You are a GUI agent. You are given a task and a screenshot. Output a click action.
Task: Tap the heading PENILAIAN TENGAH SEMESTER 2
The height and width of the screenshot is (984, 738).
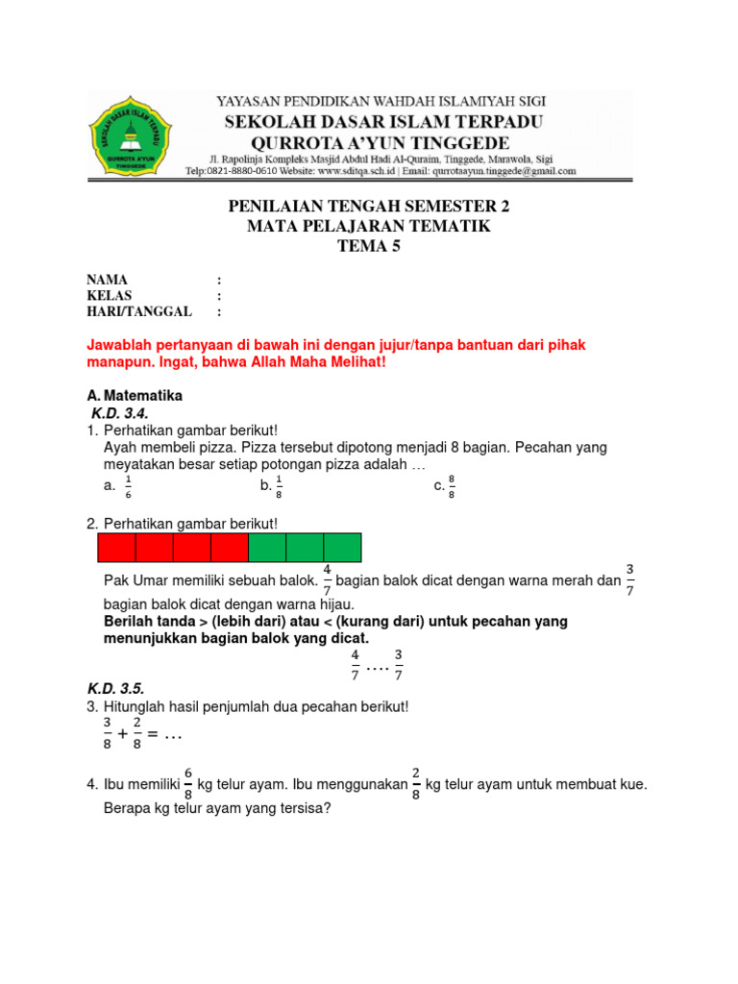tap(368, 207)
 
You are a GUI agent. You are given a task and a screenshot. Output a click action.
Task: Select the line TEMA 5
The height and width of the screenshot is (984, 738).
tap(368, 245)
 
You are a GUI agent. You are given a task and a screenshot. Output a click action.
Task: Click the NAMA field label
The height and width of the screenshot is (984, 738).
tap(107, 280)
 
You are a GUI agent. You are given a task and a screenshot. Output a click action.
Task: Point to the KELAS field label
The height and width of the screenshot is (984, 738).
tap(110, 295)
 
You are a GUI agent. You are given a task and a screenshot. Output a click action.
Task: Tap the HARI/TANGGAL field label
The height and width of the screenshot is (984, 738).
tap(139, 311)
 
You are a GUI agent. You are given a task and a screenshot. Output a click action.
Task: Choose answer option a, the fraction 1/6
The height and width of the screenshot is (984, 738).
tap(128, 487)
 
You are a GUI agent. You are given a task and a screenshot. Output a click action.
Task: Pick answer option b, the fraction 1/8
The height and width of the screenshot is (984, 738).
tap(279, 487)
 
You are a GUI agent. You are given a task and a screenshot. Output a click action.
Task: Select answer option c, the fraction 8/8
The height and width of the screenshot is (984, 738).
tap(452, 487)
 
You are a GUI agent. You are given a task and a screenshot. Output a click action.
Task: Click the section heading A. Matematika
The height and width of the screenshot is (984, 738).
tap(135, 395)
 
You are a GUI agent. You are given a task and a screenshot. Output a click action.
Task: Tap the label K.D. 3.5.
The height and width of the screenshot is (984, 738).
tap(114, 689)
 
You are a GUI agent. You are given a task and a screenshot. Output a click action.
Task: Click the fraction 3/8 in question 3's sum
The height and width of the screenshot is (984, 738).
tap(108, 732)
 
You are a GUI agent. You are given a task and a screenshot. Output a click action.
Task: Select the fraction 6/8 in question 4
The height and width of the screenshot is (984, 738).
tap(188, 784)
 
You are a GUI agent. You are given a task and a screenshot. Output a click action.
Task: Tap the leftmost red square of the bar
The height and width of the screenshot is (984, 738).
tap(116, 547)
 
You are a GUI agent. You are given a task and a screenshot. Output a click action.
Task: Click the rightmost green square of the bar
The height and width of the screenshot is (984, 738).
tap(342, 547)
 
